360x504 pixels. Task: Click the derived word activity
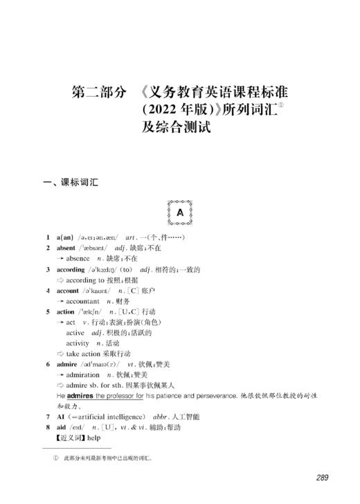coord(78,343)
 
